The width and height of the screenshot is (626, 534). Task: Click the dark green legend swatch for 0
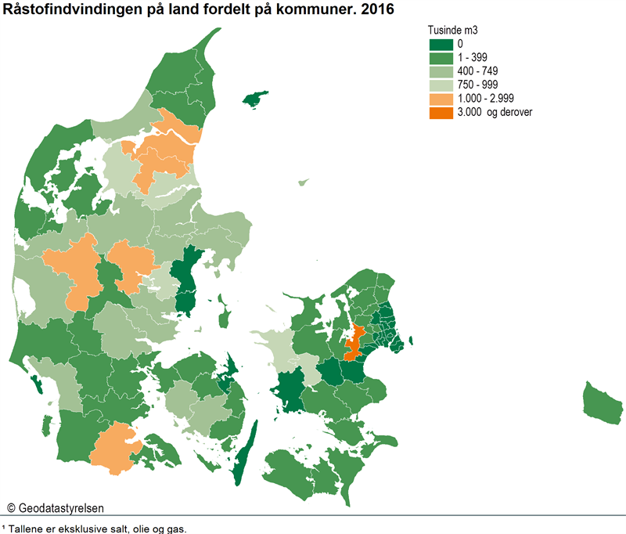click(x=441, y=44)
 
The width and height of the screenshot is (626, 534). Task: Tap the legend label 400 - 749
click(x=478, y=71)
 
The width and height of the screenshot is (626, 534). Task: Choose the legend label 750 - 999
click(x=478, y=85)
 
